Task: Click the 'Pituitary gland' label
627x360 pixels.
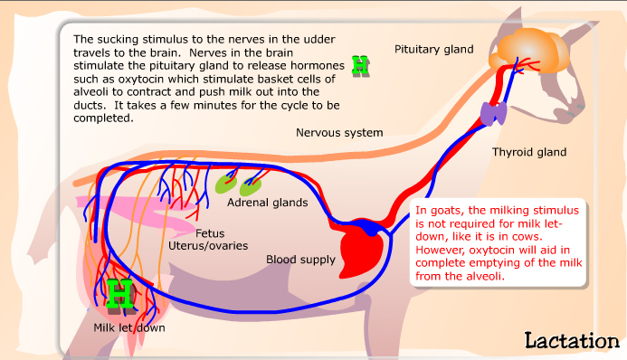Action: point(433,48)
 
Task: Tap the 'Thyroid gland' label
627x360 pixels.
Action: point(529,152)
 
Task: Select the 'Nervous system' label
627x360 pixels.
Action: point(339,133)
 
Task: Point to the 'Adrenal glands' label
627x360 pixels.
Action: point(267,203)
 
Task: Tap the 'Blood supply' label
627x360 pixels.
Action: point(300,260)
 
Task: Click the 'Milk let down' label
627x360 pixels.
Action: point(129,327)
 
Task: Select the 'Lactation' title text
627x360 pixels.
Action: point(570,340)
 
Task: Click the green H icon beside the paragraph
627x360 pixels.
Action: point(361,64)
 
